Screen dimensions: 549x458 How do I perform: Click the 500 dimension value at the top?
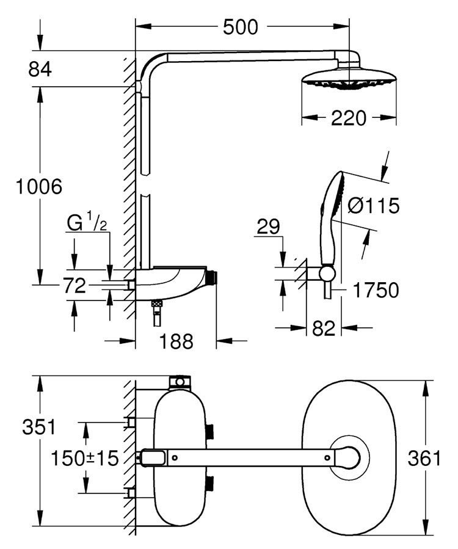coord(240,27)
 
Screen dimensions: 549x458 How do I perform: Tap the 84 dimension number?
coord(40,69)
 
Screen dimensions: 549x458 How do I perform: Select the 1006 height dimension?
coord(37,186)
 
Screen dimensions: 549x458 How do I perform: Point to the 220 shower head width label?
coord(349,118)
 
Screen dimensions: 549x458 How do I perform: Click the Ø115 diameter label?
coord(373,206)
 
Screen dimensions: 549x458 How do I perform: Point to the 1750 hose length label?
coord(374,289)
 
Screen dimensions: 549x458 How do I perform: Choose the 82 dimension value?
coord(323,328)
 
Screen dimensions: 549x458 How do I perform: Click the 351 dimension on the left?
coord(37,426)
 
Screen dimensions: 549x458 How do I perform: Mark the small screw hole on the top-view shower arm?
coord(174,456)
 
